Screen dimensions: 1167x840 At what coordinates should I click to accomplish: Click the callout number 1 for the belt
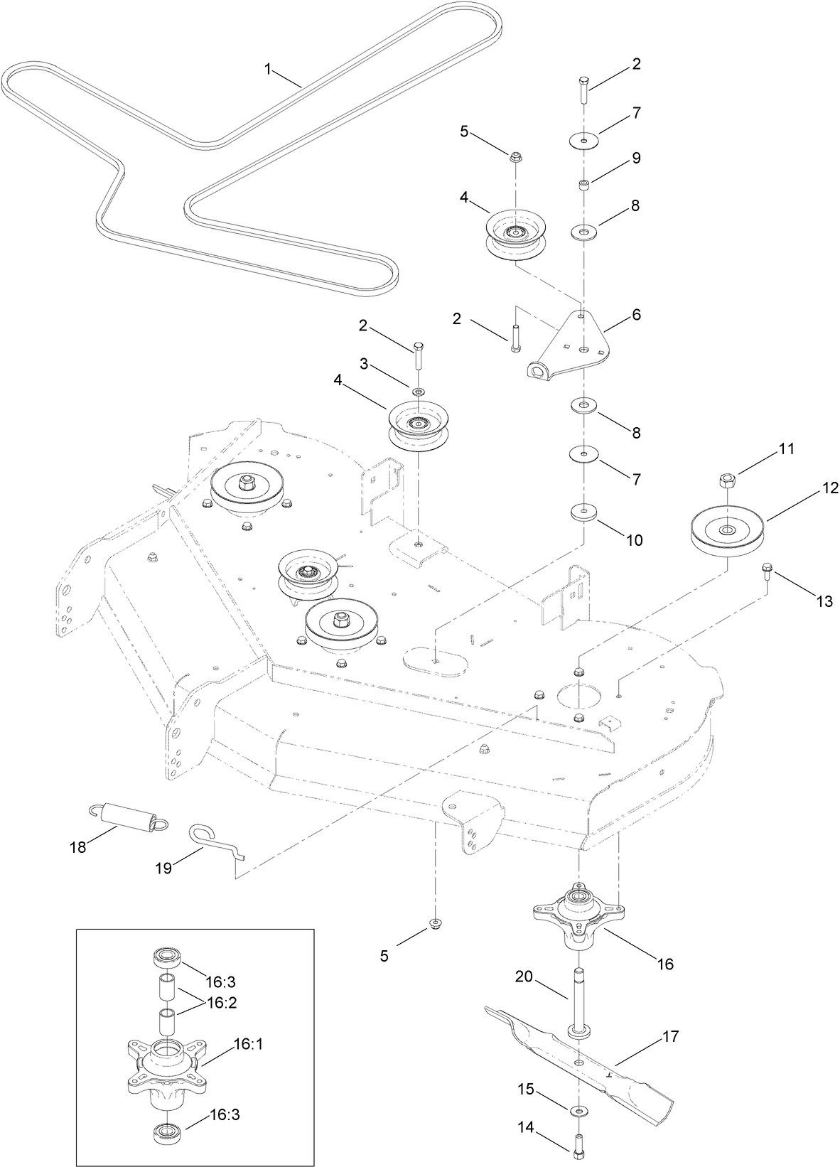pyautogui.click(x=268, y=68)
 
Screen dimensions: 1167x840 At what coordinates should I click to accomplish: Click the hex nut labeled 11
pyautogui.click(x=727, y=480)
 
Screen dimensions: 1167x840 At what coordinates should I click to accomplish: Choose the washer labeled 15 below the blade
pyautogui.click(x=579, y=1109)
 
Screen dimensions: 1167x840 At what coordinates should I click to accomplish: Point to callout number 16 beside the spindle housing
pyautogui.click(x=664, y=964)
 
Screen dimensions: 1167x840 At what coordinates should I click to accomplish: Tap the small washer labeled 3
pyautogui.click(x=418, y=392)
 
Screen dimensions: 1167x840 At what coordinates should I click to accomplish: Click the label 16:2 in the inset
pyautogui.click(x=221, y=1002)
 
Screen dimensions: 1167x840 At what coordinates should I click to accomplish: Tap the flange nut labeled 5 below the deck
pyautogui.click(x=433, y=923)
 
